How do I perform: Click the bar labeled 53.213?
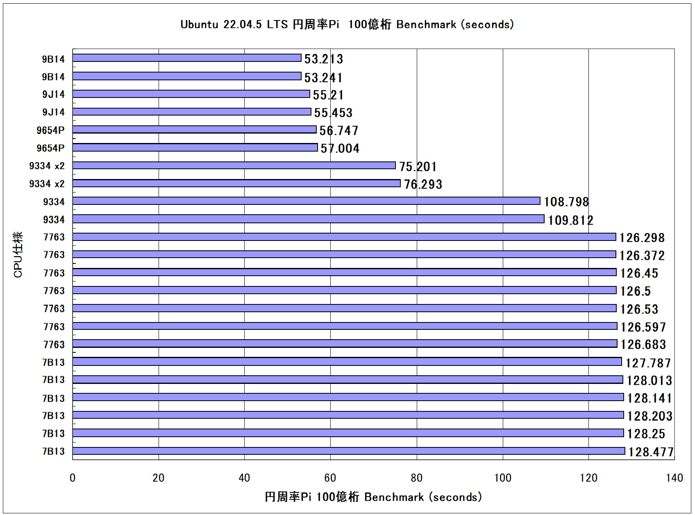pyautogui.click(x=187, y=58)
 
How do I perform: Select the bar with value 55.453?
pyautogui.click(x=192, y=112)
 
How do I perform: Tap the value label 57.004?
pyautogui.click(x=340, y=148)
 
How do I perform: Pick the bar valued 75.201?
pyautogui.click(x=234, y=166)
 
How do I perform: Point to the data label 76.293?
pyautogui.click(x=423, y=184)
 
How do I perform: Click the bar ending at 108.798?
pyautogui.click(x=307, y=201)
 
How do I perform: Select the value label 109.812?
pyautogui.click(x=570, y=220)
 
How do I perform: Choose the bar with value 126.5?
pyautogui.click(x=344, y=290)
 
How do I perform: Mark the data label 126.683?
pyautogui.click(x=643, y=345)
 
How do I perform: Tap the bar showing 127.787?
pyautogui.click(x=347, y=362)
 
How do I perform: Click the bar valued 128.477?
pyautogui.click(x=349, y=451)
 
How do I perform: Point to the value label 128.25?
pyautogui.click(x=646, y=434)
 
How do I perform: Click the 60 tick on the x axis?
pyautogui.click(x=330, y=478)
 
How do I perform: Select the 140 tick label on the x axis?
pyautogui.click(x=675, y=478)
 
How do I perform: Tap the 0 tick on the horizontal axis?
pyautogui.click(x=73, y=478)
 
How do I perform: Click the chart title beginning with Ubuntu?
pyautogui.click(x=347, y=25)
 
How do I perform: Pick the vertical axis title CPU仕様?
pyautogui.click(x=18, y=254)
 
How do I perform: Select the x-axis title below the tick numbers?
pyautogui.click(x=373, y=497)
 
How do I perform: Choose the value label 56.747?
pyautogui.click(x=338, y=131)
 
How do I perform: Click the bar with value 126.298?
pyautogui.click(x=344, y=237)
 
